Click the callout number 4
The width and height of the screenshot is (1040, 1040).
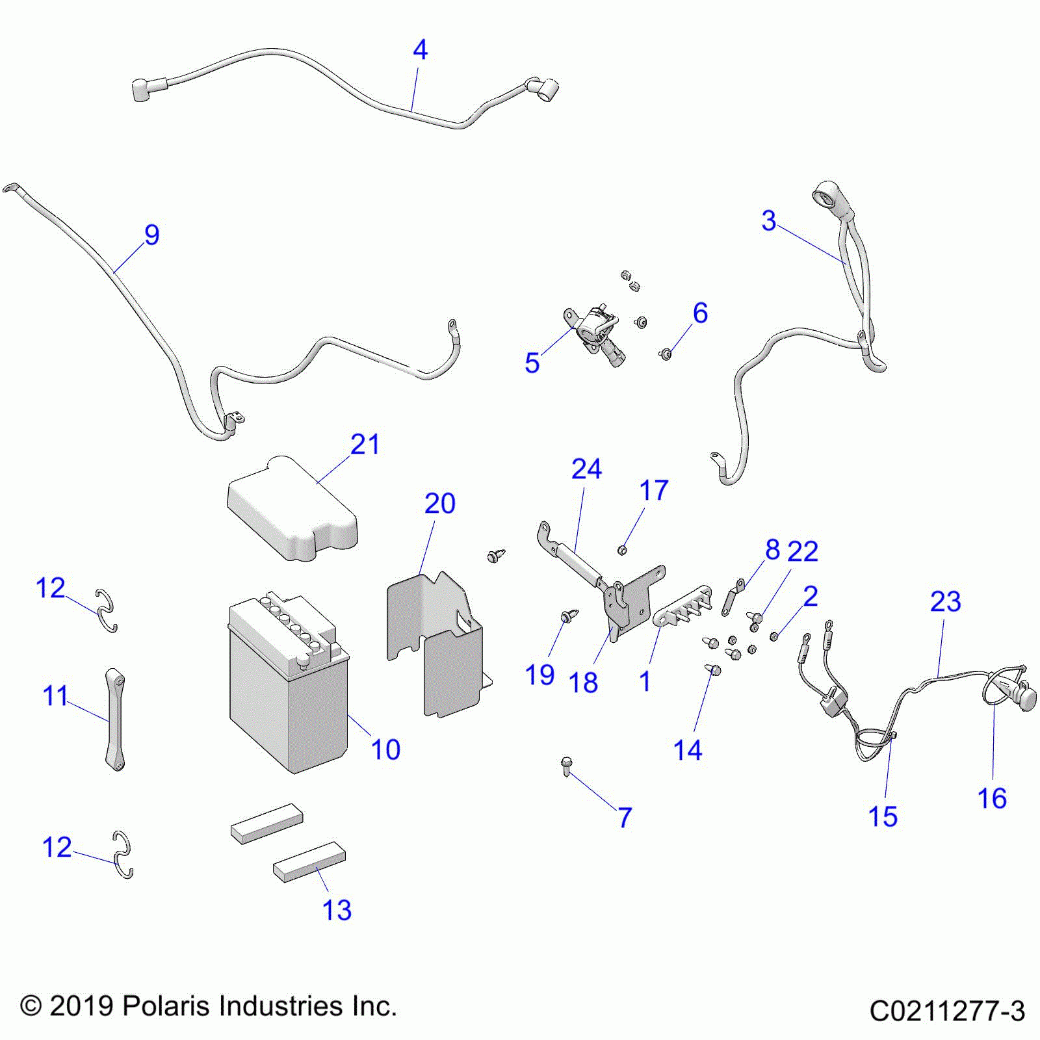pos(420,50)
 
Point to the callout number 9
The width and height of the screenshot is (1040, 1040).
pos(151,235)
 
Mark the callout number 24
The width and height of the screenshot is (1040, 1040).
pos(586,469)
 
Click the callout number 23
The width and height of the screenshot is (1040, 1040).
pos(945,601)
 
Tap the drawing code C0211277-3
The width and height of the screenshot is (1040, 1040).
pos(947,1011)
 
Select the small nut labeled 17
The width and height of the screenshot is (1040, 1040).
pos(622,551)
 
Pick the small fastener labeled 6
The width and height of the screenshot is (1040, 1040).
pos(666,354)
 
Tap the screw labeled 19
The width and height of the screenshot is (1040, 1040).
pos(567,615)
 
